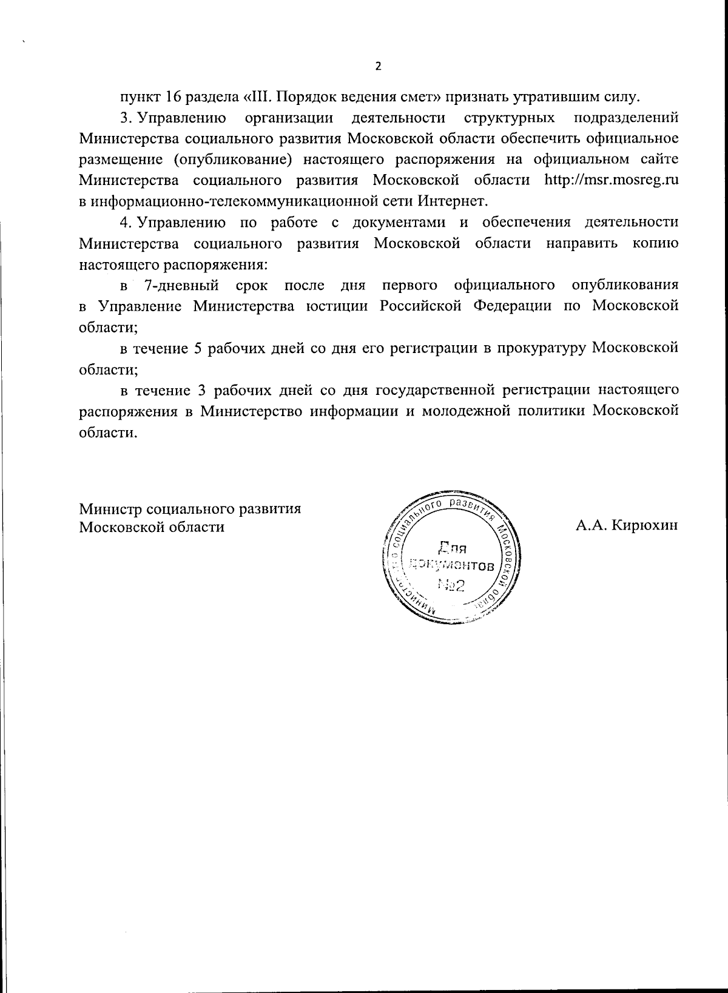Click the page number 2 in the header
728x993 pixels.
tap(379, 66)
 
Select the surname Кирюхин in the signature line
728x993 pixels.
tap(644, 526)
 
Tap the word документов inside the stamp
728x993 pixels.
tap(452, 566)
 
